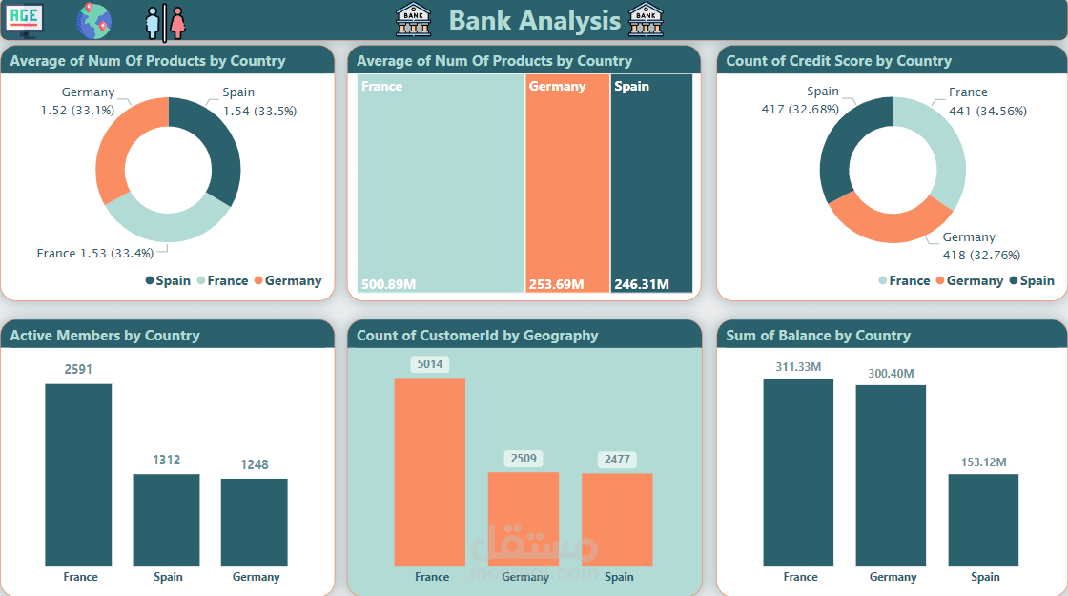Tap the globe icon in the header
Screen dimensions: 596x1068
coord(93,20)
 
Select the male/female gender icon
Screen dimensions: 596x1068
coord(165,21)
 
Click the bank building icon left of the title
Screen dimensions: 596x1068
coord(413,19)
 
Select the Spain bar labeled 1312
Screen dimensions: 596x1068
coord(166,520)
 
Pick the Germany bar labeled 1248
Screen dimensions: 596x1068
coord(254,523)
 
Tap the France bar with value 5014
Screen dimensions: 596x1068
coord(429,472)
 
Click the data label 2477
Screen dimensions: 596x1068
coord(618,460)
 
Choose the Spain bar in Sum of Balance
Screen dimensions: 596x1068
coord(983,520)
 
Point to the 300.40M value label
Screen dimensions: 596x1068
coord(891,374)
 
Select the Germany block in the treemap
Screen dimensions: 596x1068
coord(566,181)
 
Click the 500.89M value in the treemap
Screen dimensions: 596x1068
coord(390,284)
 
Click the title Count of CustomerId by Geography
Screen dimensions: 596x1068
coord(477,335)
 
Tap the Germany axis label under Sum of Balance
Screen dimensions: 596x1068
coord(893,577)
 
